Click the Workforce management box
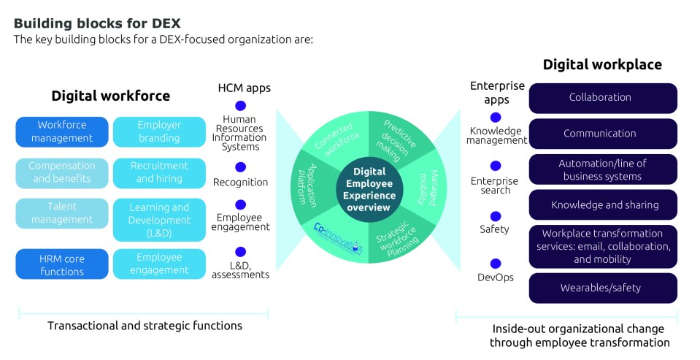coord(66,131)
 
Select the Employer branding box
coord(159,131)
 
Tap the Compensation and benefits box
coord(62,172)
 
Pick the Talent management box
coord(62,213)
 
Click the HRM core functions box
coord(62,264)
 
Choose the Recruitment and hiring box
coord(159,172)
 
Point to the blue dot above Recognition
coord(241,167)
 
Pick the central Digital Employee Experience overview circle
coord(369,189)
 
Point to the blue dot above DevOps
coord(496,264)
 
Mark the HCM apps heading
coord(244,88)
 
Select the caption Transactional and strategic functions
coord(145,326)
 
